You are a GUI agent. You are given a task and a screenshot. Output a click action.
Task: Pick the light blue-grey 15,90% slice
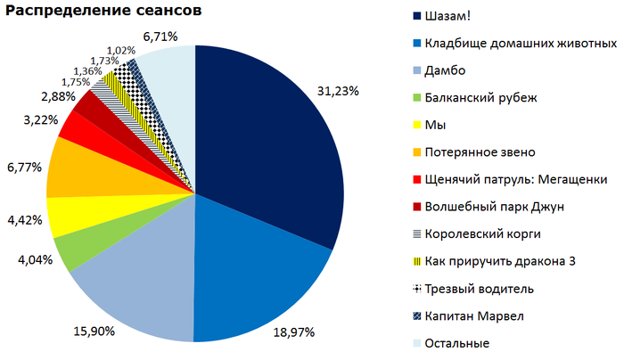click(x=134, y=285)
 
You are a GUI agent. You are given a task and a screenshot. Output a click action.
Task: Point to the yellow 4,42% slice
click(x=64, y=217)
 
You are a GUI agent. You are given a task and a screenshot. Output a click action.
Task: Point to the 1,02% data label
click(x=120, y=50)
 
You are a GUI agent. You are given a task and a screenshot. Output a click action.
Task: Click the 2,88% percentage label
click(x=32, y=94)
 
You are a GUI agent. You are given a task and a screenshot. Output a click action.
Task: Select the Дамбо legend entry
click(x=446, y=69)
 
